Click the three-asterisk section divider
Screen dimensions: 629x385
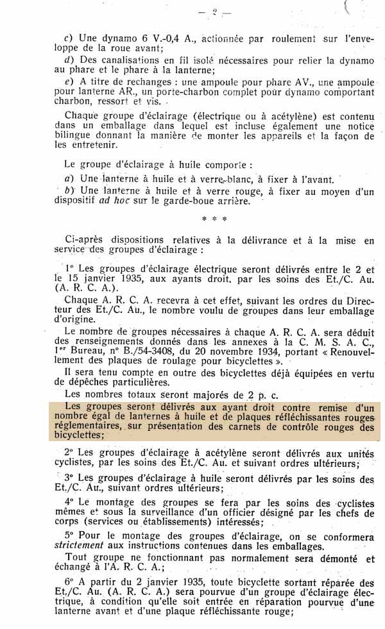(214, 219)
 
